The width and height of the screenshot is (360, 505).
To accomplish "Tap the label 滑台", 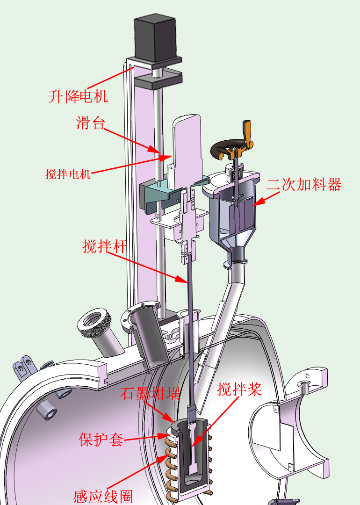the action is (x=91, y=123).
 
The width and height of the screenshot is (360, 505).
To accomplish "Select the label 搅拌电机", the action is (x=68, y=174).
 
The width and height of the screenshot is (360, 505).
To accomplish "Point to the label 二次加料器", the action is (x=303, y=185).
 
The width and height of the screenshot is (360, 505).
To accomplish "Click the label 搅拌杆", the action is (x=104, y=246).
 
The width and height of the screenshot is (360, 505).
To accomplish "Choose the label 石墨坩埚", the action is (x=150, y=393).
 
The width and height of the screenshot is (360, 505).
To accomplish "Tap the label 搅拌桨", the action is (x=239, y=390).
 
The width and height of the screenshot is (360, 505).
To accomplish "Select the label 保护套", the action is (x=101, y=439).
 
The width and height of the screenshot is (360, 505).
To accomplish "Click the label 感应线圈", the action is (x=103, y=497).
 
